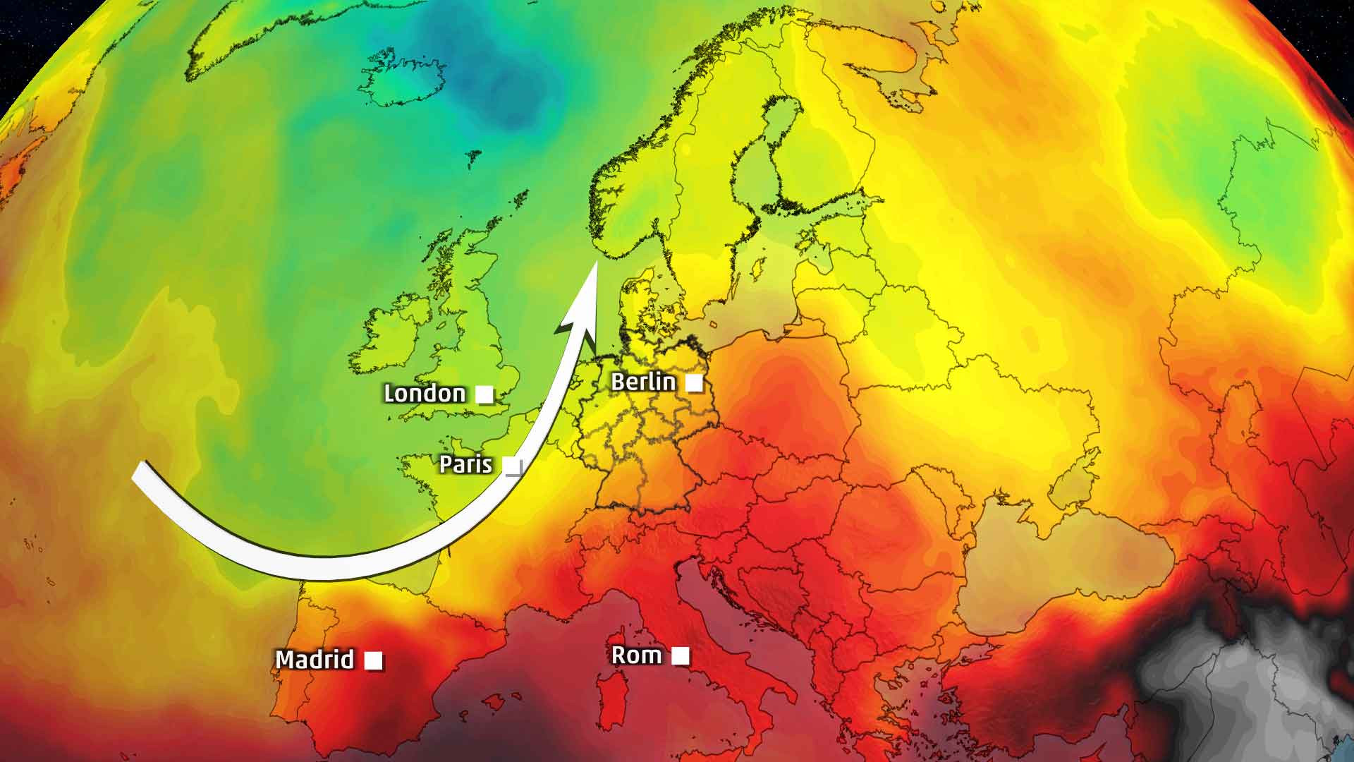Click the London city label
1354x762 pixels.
point(425,393)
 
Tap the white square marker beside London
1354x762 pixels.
point(484,394)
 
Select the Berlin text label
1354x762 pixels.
point(643,382)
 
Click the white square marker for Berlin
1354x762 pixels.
point(695,383)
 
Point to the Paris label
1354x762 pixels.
point(465,464)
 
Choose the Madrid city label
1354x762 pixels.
point(315,660)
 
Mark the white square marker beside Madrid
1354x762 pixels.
point(374,661)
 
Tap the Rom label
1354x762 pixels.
point(636,655)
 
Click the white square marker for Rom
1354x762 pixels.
point(681,656)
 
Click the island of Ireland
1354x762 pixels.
point(391,339)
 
